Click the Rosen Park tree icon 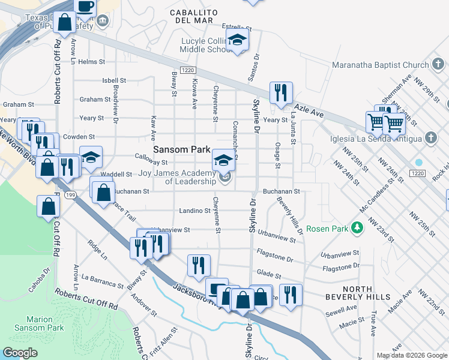[357, 229]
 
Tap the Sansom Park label [181, 149]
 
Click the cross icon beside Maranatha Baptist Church [438, 64]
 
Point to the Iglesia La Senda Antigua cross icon [430, 139]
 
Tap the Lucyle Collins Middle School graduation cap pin [238, 41]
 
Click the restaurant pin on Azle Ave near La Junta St [280, 92]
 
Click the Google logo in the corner [20, 353]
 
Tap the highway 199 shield [70, 195]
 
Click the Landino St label [193, 211]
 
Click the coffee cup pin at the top [85, 5]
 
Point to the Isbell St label [114, 80]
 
